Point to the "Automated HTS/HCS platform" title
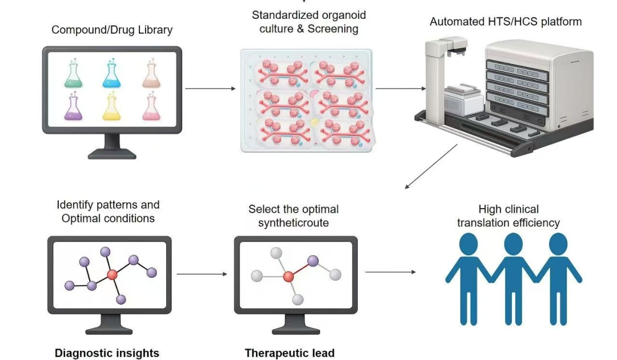pos(506,22)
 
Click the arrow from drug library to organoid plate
pos(210,89)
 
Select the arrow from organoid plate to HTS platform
pos(400,89)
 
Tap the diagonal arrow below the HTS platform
pos(431,166)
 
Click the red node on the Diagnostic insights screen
pos(112,275)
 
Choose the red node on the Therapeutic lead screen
pos(289,277)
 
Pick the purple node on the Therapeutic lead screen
pos(313,261)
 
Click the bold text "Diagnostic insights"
pos(107,353)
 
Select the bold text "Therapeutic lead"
pos(290,353)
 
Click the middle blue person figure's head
pos(514,244)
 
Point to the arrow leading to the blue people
pos(391,272)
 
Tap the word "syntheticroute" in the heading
pos(294,223)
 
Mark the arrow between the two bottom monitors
pos(202,274)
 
